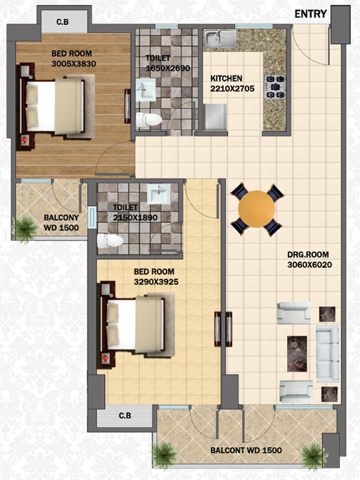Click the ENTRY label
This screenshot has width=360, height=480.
[311, 14]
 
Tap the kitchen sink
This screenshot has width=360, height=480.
[221, 39]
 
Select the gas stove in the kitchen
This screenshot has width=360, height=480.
[274, 87]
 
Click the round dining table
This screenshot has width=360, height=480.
[256, 209]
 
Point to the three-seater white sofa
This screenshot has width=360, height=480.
[327, 354]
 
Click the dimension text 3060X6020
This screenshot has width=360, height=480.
[309, 265]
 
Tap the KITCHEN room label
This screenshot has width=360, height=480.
[226, 79]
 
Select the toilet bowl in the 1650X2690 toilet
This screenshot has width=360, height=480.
[149, 120]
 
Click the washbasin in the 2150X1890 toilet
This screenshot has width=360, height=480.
[159, 194]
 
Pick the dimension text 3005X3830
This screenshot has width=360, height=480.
[74, 64]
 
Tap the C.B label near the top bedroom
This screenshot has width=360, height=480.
[62, 22]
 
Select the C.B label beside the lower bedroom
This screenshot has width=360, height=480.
[125, 416]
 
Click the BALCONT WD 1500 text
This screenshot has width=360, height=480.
[246, 450]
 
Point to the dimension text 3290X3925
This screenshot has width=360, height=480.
[156, 281]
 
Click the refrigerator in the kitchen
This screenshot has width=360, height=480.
[216, 117]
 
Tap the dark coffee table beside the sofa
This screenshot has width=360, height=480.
[297, 354]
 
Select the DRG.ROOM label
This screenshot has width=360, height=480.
[308, 255]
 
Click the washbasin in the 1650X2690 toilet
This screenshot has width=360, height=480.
[146, 90]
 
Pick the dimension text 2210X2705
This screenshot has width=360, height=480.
[232, 89]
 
